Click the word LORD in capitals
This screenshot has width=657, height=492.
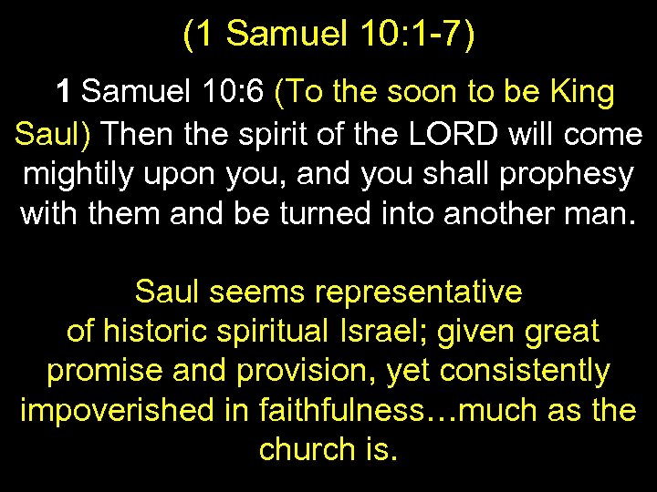[440, 135]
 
